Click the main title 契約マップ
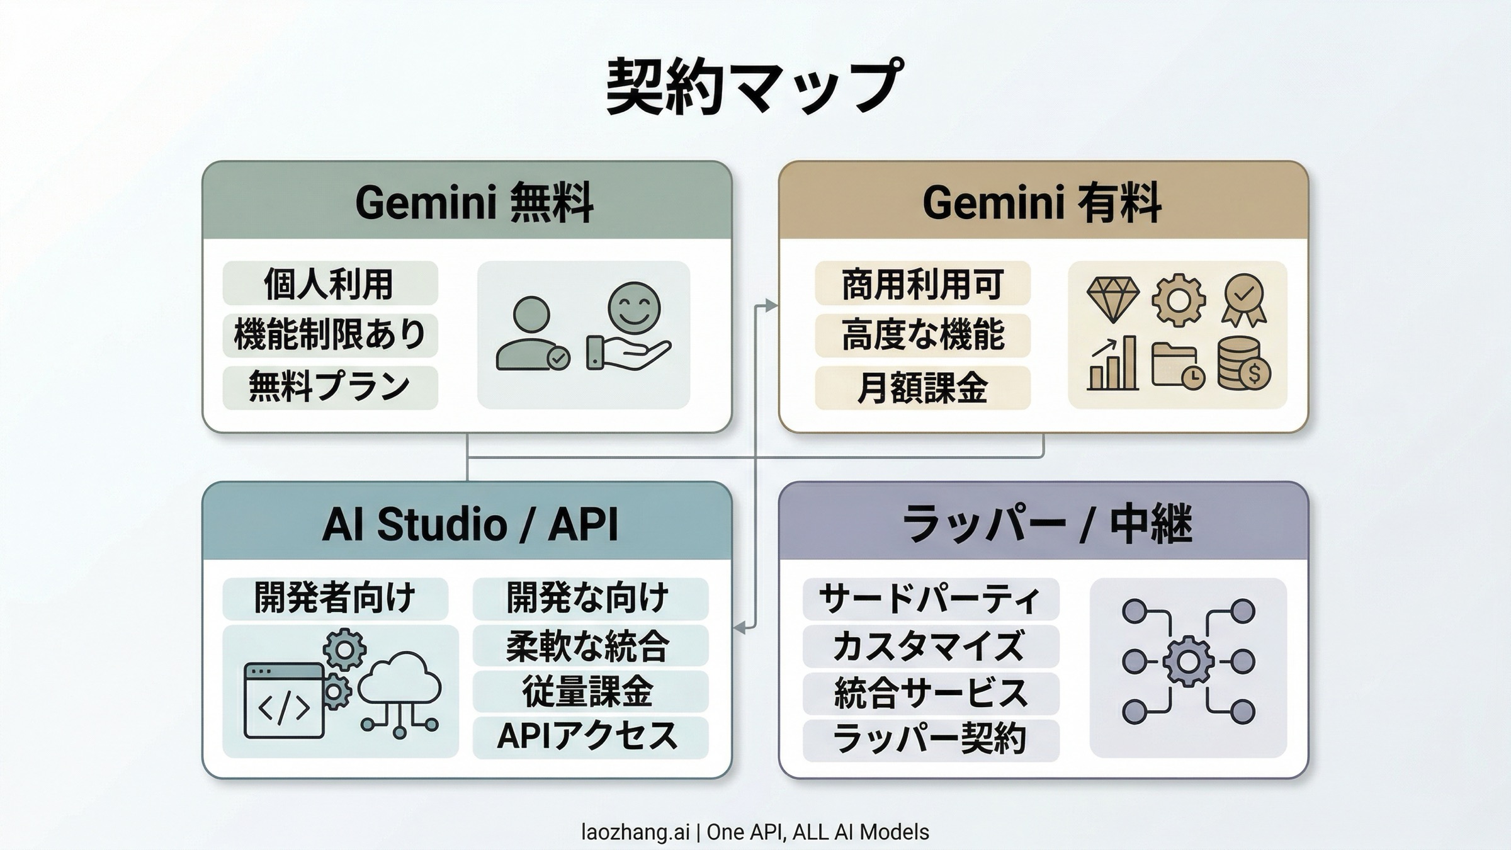click(755, 87)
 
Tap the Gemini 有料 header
click(1043, 202)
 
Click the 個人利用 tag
click(329, 284)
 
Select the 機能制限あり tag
click(330, 334)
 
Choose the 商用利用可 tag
click(922, 284)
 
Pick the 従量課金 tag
click(589, 691)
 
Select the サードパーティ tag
click(931, 599)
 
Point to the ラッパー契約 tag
click(931, 739)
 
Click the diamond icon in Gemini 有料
click(1112, 298)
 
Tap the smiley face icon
click(634, 308)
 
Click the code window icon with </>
click(284, 700)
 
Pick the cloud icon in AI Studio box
click(399, 680)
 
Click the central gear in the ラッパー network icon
click(1188, 662)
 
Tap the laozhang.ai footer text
click(755, 832)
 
